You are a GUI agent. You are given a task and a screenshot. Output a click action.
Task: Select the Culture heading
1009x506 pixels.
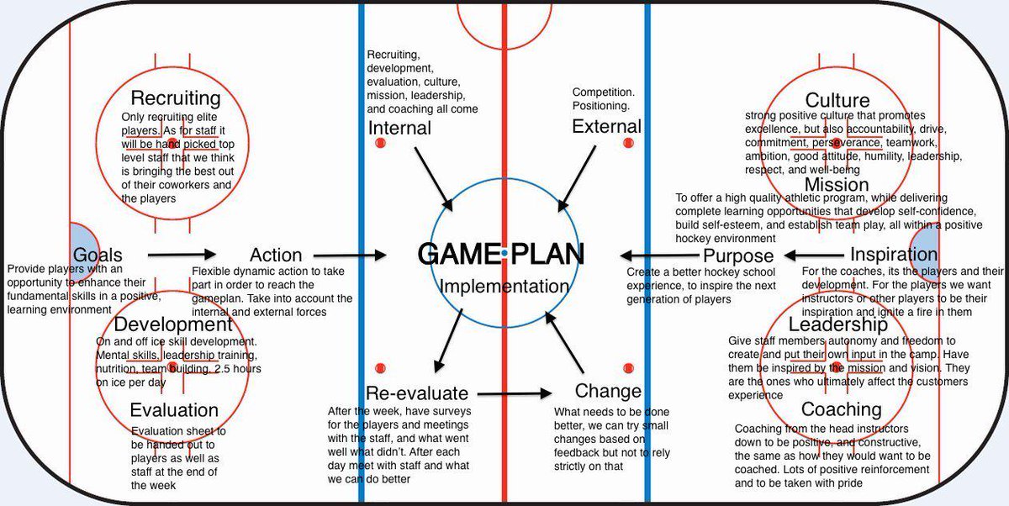pyautogui.click(x=837, y=102)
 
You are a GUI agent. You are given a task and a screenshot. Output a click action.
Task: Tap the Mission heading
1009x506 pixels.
pyautogui.click(x=836, y=184)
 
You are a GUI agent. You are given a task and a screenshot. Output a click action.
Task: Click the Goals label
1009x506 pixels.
pyautogui.click(x=98, y=255)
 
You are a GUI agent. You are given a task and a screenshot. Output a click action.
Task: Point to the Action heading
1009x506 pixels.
pyautogui.click(x=276, y=255)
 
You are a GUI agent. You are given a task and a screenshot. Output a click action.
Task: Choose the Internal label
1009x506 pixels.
pyautogui.click(x=399, y=129)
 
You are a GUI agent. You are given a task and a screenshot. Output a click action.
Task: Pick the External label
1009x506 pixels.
pyautogui.click(x=606, y=127)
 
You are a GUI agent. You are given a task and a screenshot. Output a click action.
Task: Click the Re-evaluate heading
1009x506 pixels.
pyautogui.click(x=417, y=393)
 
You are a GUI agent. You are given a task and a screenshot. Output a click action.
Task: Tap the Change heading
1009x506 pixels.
pyautogui.click(x=608, y=391)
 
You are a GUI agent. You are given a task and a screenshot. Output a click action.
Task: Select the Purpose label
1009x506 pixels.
pyautogui.click(x=737, y=256)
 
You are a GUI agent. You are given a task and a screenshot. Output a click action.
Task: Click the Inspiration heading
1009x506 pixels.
pyautogui.click(x=894, y=255)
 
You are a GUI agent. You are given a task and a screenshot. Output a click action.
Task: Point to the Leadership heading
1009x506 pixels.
pyautogui.click(x=837, y=324)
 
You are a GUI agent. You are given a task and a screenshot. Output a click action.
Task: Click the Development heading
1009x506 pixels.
pyautogui.click(x=173, y=324)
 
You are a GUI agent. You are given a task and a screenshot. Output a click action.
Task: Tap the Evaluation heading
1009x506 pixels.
pyautogui.click(x=174, y=410)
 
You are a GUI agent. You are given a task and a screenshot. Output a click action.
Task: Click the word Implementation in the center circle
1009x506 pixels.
pyautogui.click(x=504, y=286)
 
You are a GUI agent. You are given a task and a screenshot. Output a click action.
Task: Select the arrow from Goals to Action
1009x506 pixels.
pyautogui.click(x=182, y=254)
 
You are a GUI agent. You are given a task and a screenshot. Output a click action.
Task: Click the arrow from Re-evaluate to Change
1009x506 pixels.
pyautogui.click(x=515, y=393)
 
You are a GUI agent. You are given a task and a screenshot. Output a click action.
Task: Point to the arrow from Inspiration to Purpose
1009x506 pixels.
pyautogui.click(x=813, y=255)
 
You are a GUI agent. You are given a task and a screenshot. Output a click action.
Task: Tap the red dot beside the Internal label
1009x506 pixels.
pyautogui.click(x=378, y=145)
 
